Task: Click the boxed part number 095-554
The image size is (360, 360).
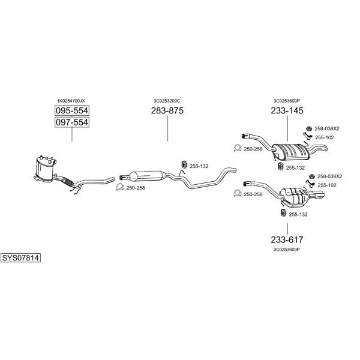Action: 72,110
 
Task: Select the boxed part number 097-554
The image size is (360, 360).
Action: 72,122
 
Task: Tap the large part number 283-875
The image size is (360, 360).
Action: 167,110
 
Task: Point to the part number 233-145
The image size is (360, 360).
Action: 287,110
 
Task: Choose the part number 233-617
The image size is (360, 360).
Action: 287,239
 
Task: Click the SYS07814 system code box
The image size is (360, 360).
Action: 20,258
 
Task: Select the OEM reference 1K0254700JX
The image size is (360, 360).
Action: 71,101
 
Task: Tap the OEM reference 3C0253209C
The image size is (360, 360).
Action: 167,101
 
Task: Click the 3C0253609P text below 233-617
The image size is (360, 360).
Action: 287,250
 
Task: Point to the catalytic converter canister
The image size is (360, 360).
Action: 45,169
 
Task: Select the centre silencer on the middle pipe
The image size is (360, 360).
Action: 147,176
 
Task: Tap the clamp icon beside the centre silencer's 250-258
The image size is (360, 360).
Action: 119,187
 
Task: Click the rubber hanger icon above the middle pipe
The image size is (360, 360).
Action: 184,164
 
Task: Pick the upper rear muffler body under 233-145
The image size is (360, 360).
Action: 290,152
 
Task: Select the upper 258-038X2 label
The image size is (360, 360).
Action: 327,129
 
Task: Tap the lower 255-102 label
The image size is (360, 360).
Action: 327,185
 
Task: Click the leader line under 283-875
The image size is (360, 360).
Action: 167,128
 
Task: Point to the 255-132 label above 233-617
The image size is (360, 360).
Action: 298,214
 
